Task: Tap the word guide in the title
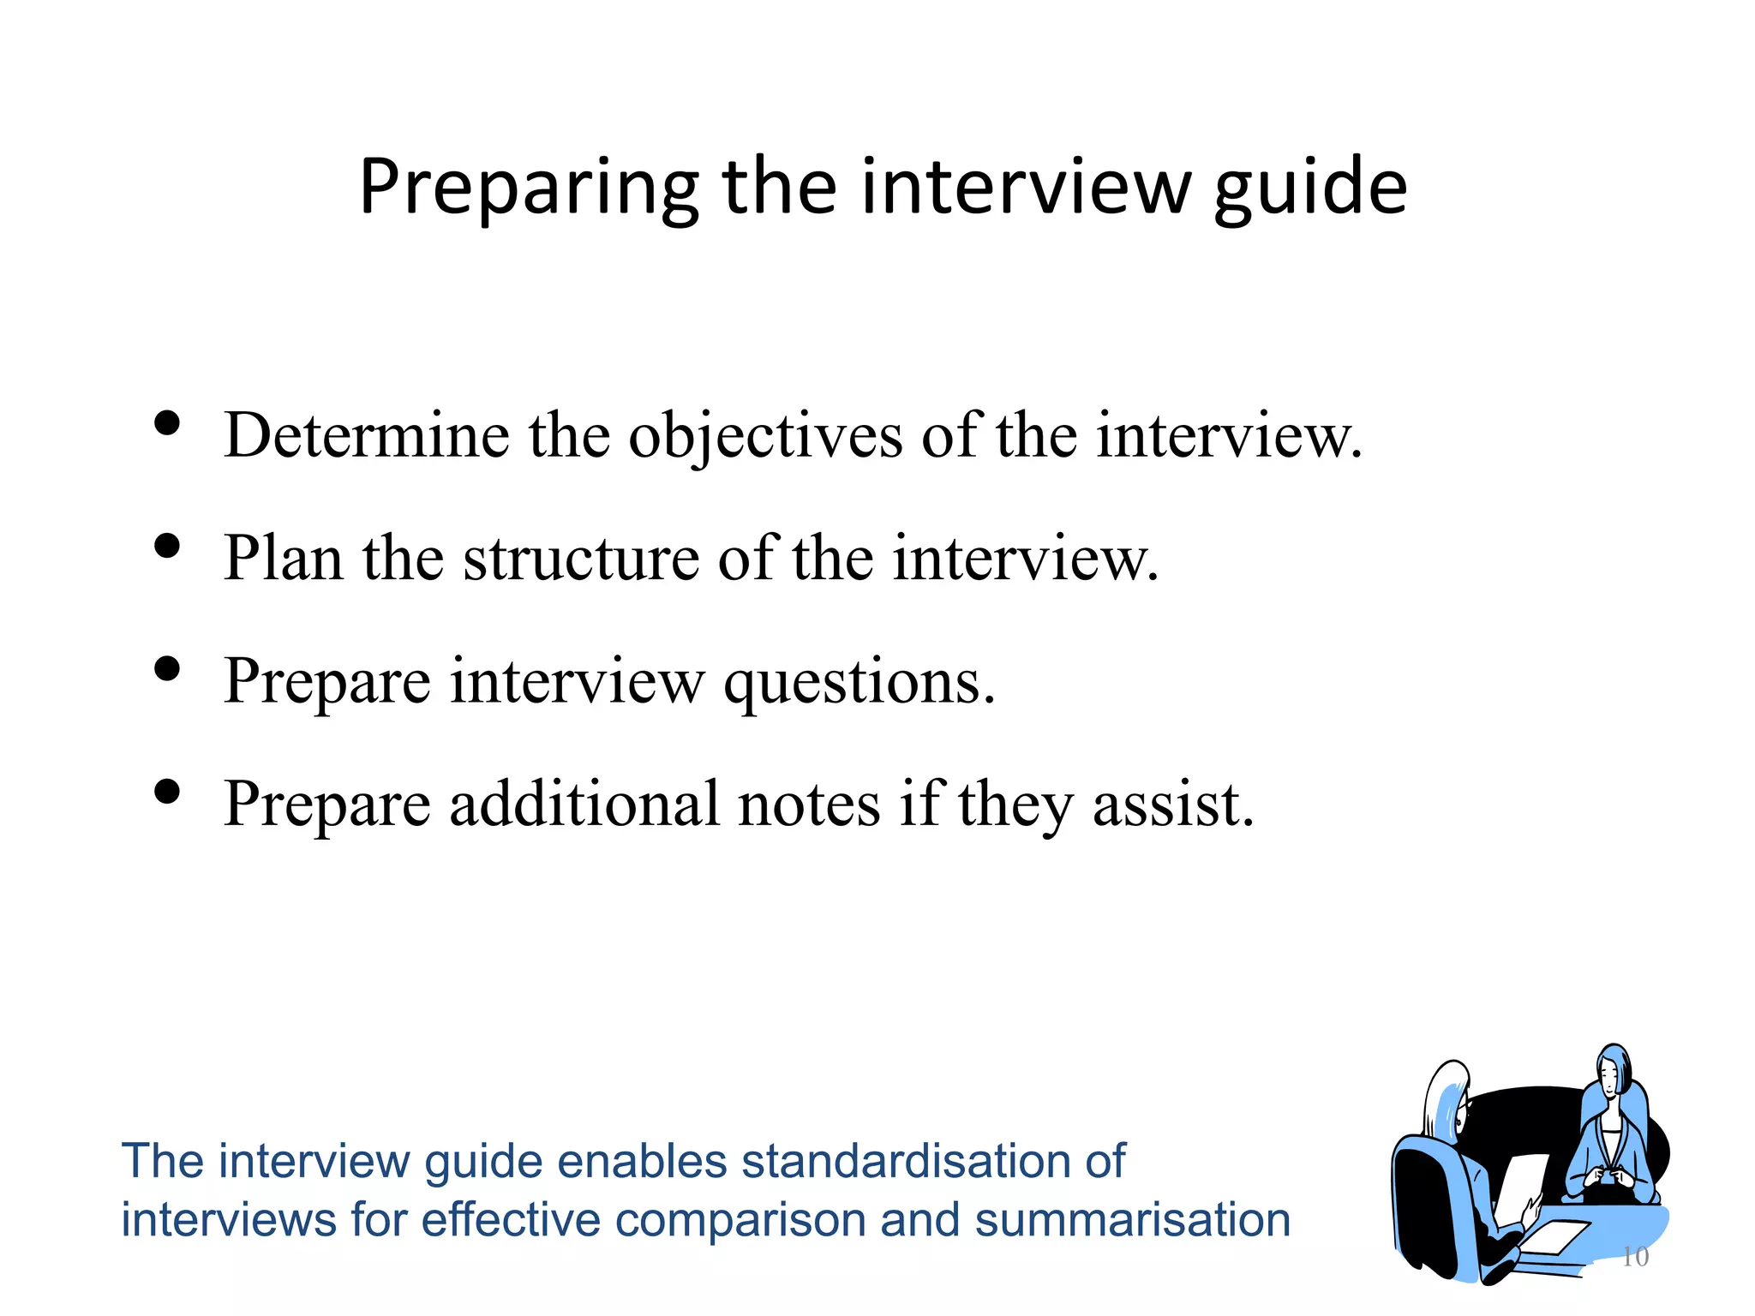coord(1310,188)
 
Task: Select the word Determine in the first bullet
coord(367,436)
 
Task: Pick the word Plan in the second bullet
coord(283,559)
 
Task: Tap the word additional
coord(584,805)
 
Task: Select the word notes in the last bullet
coord(809,806)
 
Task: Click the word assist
coord(1173,806)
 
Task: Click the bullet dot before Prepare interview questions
coord(167,668)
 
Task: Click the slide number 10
coord(1635,1257)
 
